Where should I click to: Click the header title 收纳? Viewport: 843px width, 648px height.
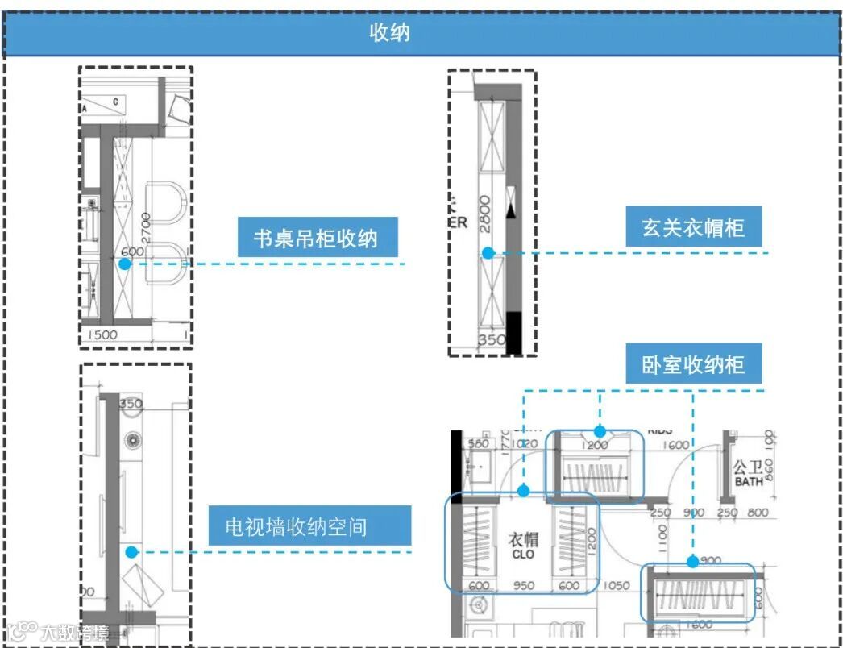click(x=389, y=33)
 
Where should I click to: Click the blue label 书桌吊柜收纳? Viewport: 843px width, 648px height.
click(x=314, y=239)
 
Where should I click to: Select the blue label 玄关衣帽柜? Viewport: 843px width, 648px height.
click(x=693, y=229)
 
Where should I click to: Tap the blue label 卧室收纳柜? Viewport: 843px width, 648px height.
click(x=693, y=365)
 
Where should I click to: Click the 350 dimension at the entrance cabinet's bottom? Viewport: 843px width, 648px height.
click(x=492, y=339)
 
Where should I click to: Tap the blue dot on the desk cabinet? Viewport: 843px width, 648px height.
click(x=123, y=264)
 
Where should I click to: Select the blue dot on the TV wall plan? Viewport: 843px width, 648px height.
click(x=130, y=552)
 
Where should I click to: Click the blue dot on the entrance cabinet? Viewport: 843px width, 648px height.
click(x=488, y=253)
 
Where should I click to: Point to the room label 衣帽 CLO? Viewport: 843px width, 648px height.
click(x=523, y=546)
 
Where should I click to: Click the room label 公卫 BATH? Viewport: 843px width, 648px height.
click(x=749, y=473)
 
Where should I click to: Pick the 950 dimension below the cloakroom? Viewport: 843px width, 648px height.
click(x=524, y=586)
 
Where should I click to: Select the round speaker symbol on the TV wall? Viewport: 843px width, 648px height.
click(x=131, y=440)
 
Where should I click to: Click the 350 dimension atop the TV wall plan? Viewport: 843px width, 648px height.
click(x=130, y=404)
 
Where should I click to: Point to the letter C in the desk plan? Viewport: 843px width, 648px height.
click(x=115, y=101)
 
